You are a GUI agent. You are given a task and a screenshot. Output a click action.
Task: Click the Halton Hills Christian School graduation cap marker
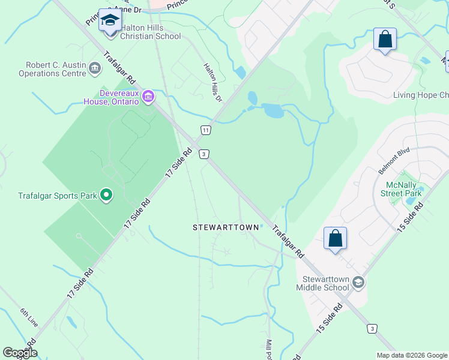pyautogui.click(x=109, y=22)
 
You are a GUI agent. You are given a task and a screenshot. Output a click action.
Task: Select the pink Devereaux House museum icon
pyautogui.click(x=148, y=96)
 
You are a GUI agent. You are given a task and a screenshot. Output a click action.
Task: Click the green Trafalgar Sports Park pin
pyautogui.click(x=106, y=194)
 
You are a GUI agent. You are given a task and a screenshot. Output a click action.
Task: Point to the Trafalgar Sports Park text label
pyautogui.click(x=57, y=196)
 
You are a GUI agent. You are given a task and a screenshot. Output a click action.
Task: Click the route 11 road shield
pyautogui.click(x=206, y=130)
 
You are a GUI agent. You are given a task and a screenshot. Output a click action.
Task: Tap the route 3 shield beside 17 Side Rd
pyautogui.click(x=204, y=154)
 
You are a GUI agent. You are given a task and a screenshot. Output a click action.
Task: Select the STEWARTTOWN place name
pyautogui.click(x=226, y=227)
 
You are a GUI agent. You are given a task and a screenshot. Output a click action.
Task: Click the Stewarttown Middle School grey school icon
pyautogui.click(x=358, y=282)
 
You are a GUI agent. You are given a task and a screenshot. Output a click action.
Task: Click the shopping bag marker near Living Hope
pyautogui.click(x=384, y=40)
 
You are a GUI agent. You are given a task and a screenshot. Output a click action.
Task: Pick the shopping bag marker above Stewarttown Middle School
pyautogui.click(x=335, y=238)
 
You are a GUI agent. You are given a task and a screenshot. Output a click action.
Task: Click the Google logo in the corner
pyautogui.click(x=20, y=353)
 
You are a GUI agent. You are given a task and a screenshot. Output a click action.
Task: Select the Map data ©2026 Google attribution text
pyautogui.click(x=411, y=355)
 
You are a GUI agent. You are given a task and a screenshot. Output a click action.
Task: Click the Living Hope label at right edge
pyautogui.click(x=421, y=95)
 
